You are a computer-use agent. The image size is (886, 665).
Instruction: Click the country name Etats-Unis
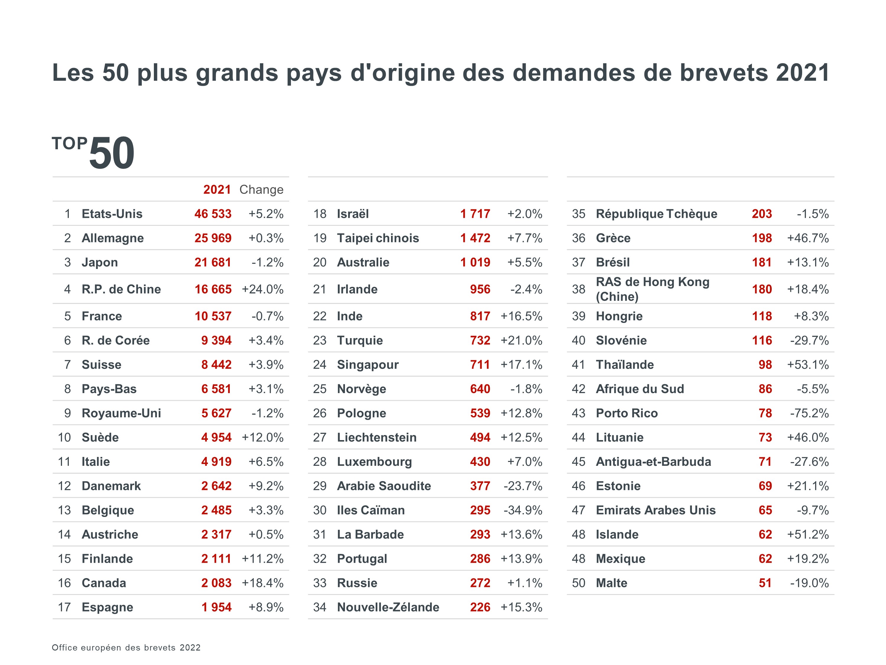click(112, 214)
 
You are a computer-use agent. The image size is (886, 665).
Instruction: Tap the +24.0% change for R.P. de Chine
click(263, 289)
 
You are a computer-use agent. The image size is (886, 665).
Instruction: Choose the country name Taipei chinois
click(378, 238)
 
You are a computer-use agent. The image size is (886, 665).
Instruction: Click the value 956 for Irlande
click(480, 289)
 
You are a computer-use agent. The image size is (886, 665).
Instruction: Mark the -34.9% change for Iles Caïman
click(523, 510)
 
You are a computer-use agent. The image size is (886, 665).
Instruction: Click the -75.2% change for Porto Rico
click(809, 413)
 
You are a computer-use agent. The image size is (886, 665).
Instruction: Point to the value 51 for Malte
click(765, 583)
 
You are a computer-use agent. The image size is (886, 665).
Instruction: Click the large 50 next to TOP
click(112, 153)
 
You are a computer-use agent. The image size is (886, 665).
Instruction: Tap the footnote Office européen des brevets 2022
click(126, 647)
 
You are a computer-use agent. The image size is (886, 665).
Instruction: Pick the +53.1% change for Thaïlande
click(808, 364)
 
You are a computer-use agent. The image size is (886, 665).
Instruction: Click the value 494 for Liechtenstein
click(480, 437)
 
